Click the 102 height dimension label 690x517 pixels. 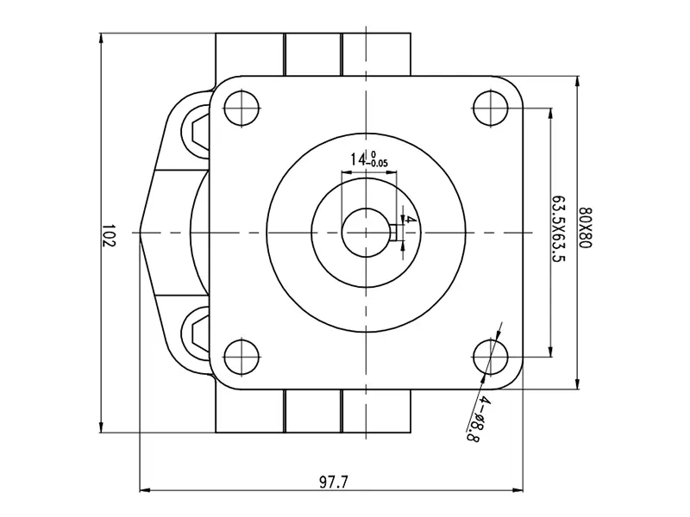pyautogui.click(x=109, y=235)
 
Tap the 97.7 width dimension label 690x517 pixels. pyautogui.click(x=333, y=483)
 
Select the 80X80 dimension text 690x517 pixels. pyautogui.click(x=586, y=227)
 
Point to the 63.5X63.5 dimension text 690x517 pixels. pyautogui.click(x=559, y=228)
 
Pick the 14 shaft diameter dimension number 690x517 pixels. pyautogui.click(x=358, y=159)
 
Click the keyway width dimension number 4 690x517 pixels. pyautogui.click(x=408, y=220)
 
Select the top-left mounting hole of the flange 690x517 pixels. pyautogui.click(x=241, y=109)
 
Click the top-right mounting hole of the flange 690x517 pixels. pyautogui.click(x=490, y=109)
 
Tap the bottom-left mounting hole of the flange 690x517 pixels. pyautogui.click(x=241, y=357)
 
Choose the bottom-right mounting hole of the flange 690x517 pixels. pyautogui.click(x=490, y=357)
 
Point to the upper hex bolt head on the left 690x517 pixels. pyautogui.click(x=200, y=131)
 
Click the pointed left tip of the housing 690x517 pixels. pyautogui.click(x=140, y=232)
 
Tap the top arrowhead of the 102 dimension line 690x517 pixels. pyautogui.click(x=102, y=38)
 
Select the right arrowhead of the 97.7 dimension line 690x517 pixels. pyautogui.click(x=518, y=489)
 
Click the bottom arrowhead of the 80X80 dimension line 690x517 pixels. pyautogui.click(x=577, y=383)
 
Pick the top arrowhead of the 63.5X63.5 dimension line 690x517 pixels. pyautogui.click(x=550, y=113)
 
